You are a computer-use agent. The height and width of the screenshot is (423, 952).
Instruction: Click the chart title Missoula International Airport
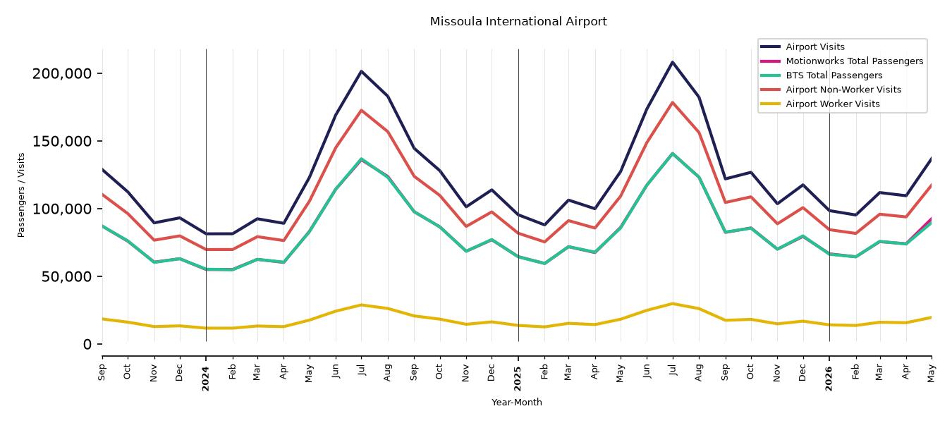click(518, 21)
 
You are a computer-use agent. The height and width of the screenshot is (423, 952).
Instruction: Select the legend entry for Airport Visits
click(814, 47)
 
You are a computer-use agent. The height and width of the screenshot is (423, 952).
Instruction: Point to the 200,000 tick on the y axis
click(62, 73)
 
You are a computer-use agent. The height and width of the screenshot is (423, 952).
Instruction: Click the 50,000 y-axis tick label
click(66, 276)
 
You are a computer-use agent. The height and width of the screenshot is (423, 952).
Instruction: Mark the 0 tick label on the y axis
click(87, 344)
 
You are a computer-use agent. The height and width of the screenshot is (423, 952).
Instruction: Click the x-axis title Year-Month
click(517, 402)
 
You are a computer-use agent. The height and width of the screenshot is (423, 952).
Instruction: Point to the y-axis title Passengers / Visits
click(21, 195)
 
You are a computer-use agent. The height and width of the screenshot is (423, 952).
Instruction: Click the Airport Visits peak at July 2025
click(672, 62)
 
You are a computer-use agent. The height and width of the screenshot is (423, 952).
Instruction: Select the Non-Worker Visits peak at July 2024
click(361, 111)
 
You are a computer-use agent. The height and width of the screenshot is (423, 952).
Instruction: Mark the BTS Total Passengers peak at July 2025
click(672, 153)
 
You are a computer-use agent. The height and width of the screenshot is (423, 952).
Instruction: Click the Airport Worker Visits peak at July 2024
click(361, 305)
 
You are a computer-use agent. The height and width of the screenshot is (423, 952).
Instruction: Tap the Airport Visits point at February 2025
click(544, 225)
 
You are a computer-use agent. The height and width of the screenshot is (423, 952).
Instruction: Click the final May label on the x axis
click(932, 374)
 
